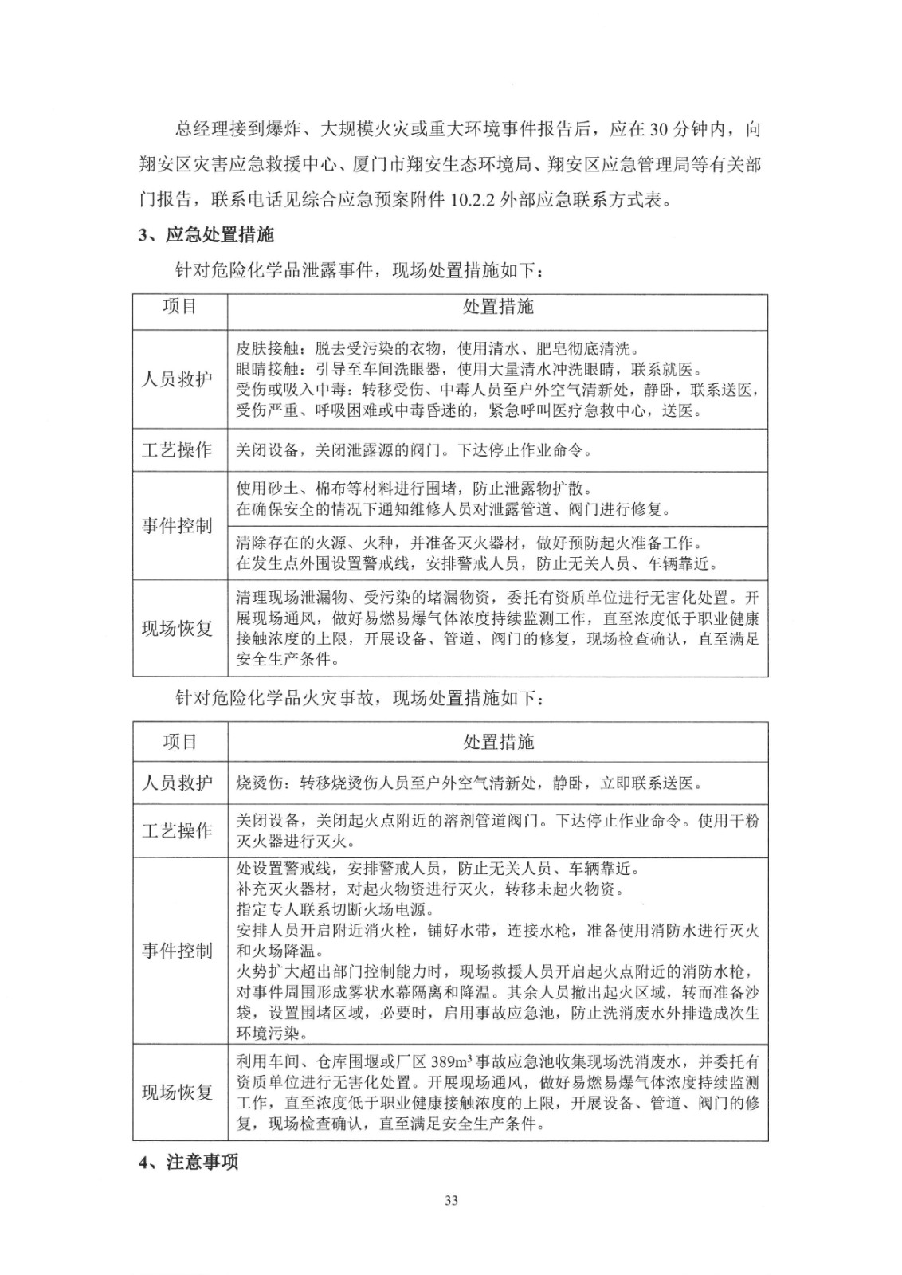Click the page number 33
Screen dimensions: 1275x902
click(451, 1201)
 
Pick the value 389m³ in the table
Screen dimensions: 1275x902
click(452, 1062)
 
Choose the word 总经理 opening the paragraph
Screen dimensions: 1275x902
click(198, 129)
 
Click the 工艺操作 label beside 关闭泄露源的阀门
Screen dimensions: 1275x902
click(177, 450)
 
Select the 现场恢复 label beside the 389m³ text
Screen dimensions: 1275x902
click(177, 1093)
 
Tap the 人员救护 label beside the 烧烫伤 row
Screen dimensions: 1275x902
click(177, 783)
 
